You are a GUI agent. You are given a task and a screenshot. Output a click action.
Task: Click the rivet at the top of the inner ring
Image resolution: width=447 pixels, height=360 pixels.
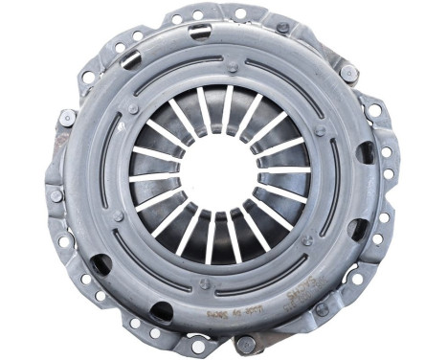(233, 67)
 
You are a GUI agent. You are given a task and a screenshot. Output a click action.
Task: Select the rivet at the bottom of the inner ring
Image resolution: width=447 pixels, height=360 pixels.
(205, 283)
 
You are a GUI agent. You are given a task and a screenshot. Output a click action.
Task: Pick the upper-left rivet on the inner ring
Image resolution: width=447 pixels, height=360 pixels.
(132, 108)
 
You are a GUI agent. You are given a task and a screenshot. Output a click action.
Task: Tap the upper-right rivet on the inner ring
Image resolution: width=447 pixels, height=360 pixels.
(321, 131)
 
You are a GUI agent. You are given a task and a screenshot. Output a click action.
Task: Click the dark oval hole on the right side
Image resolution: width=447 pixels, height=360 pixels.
(366, 153)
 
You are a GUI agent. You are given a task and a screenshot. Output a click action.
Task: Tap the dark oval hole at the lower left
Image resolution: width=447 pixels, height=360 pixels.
(101, 264)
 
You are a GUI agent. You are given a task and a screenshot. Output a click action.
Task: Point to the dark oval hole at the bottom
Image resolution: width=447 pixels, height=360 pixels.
(162, 311)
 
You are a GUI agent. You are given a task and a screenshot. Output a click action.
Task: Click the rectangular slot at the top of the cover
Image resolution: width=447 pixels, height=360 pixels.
(199, 33)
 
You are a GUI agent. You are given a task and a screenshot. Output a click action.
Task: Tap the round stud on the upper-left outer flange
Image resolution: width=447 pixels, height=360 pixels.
(67, 118)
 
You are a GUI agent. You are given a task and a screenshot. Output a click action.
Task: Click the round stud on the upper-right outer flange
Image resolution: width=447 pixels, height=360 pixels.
(348, 73)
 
